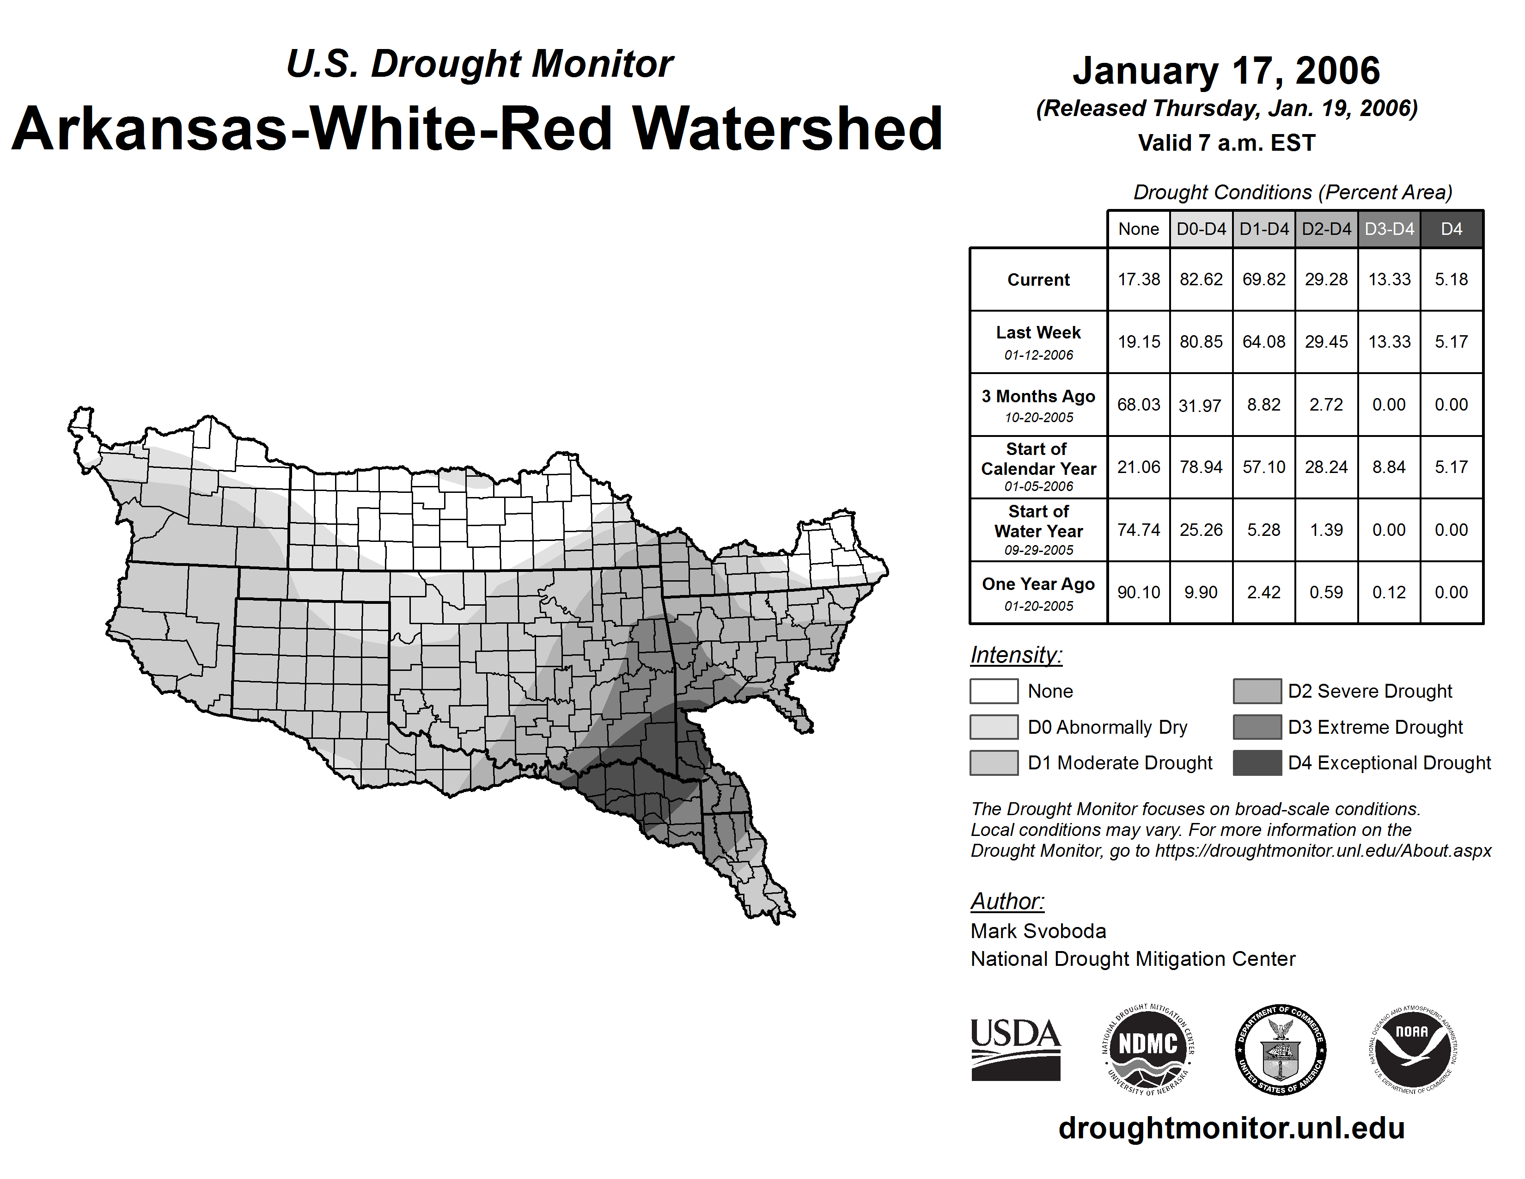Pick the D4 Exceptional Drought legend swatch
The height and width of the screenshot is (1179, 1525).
1257,763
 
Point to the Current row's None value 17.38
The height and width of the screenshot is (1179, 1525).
1138,279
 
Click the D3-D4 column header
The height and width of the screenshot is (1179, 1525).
1389,229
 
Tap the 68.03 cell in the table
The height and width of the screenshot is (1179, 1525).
1138,405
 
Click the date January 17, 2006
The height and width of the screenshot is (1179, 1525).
1226,71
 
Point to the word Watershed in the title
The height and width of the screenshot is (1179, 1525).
787,129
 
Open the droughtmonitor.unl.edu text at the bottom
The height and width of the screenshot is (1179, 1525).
1232,1128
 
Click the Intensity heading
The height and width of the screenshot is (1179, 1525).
1016,655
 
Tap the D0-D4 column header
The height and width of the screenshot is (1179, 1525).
1201,229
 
